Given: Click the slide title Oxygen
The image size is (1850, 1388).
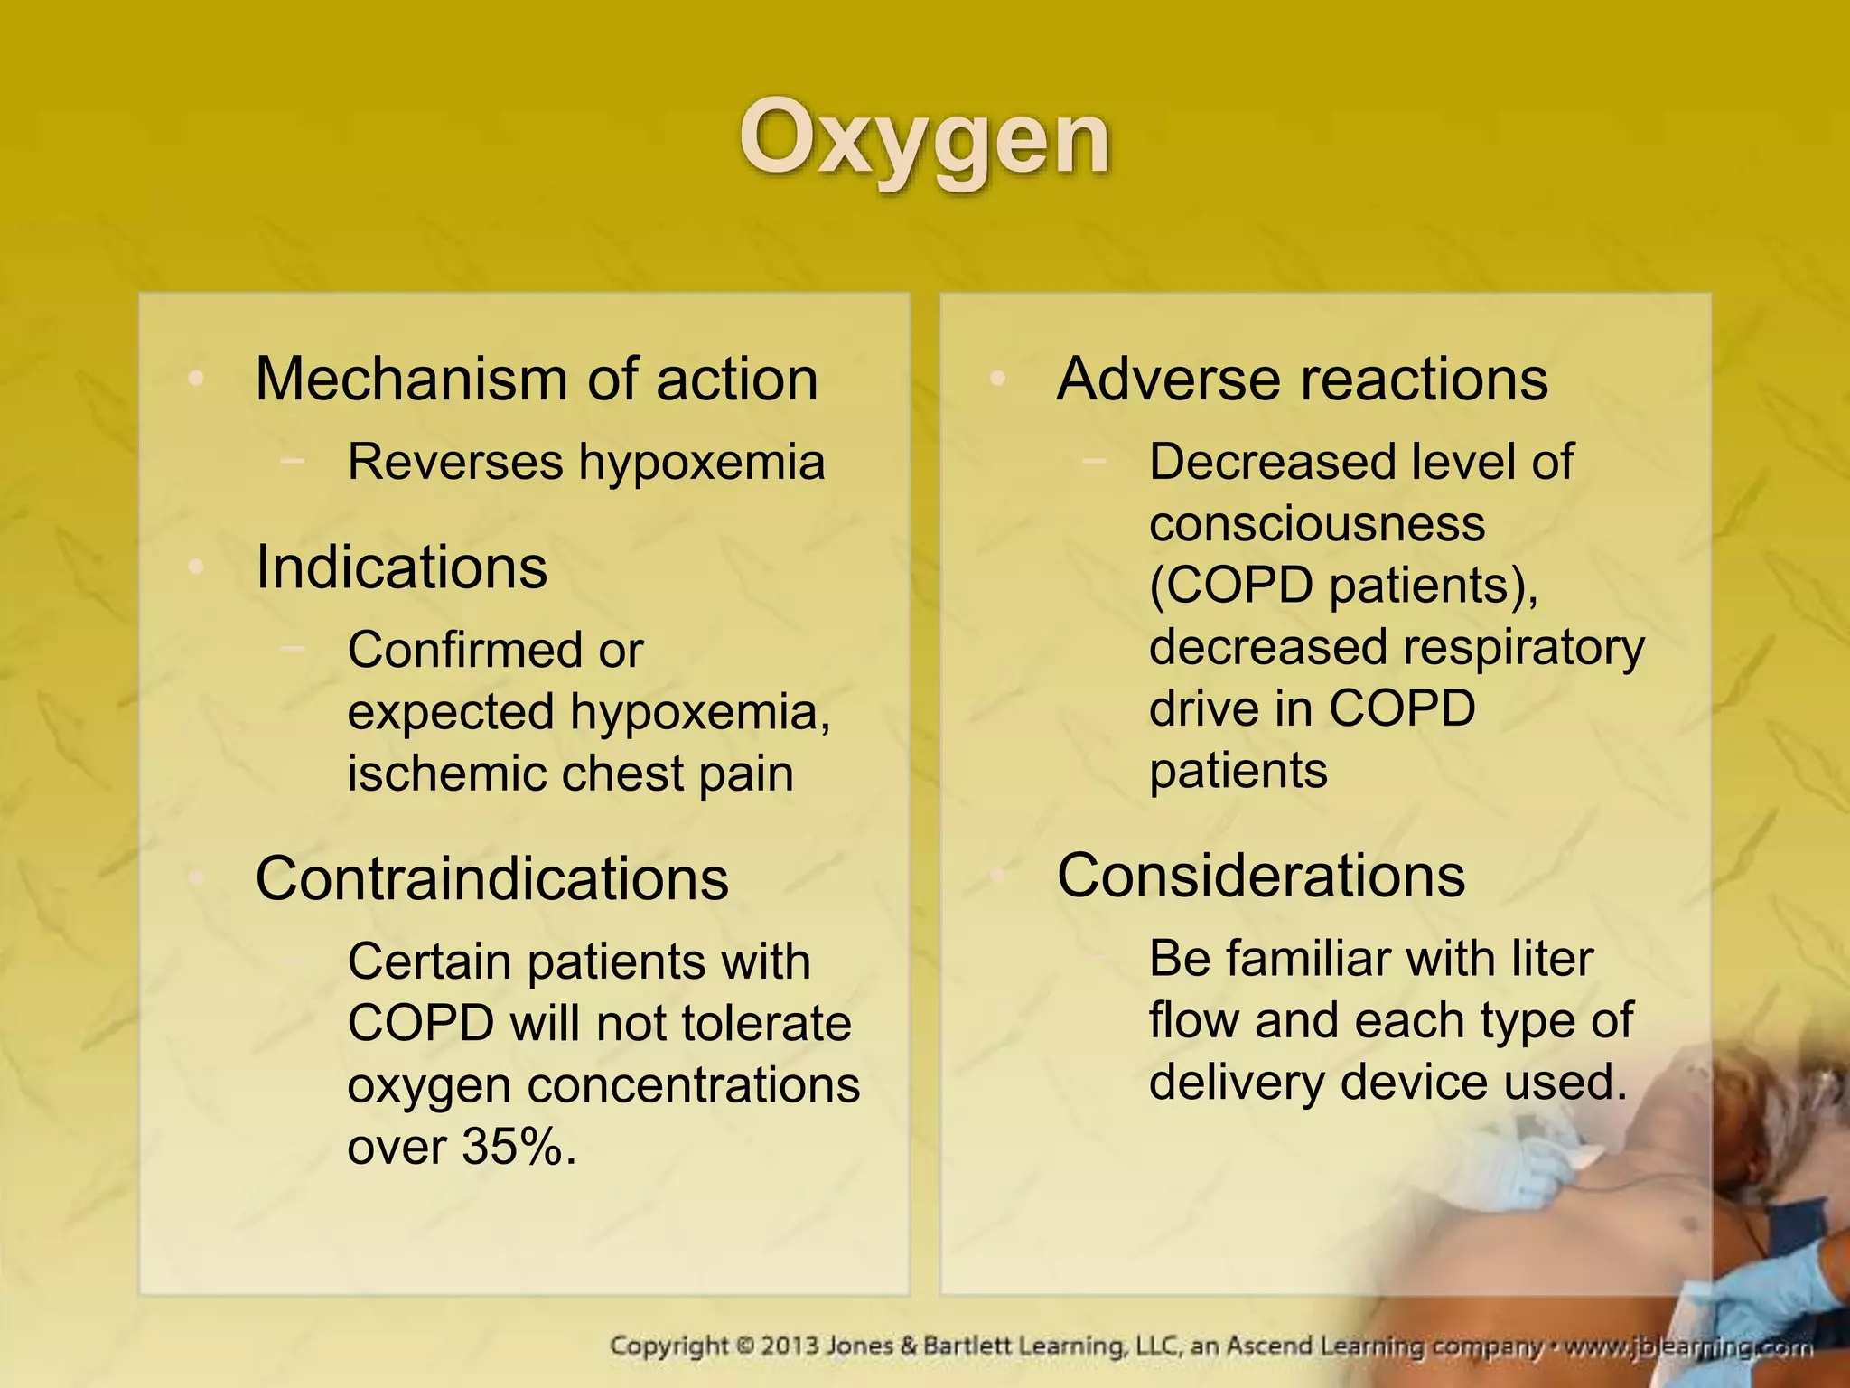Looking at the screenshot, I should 924,140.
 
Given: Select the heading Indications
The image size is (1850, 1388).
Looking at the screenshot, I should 401,567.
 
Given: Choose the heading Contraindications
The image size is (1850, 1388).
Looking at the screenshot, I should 491,878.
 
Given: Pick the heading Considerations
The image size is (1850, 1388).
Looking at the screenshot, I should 1260,876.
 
